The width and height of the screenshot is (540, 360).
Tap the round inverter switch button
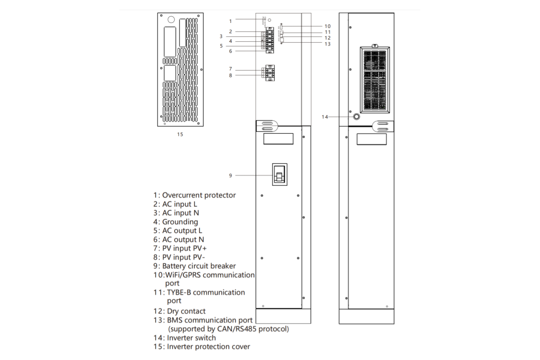click(x=357, y=117)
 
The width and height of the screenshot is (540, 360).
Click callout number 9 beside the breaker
click(x=230, y=175)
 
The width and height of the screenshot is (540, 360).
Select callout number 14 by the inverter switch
click(x=325, y=117)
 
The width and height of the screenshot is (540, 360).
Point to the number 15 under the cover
click(x=180, y=134)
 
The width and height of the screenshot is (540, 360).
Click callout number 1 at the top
click(x=230, y=21)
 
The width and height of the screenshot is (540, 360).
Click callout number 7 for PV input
click(x=230, y=69)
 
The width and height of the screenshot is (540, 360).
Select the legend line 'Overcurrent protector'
click(x=198, y=195)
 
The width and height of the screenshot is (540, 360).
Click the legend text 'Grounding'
click(x=180, y=222)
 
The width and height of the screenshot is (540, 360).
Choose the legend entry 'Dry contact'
click(x=186, y=311)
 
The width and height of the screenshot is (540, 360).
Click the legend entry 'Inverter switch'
click(x=191, y=337)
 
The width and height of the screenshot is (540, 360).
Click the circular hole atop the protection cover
click(x=171, y=20)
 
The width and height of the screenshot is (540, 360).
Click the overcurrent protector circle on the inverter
click(x=269, y=21)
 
